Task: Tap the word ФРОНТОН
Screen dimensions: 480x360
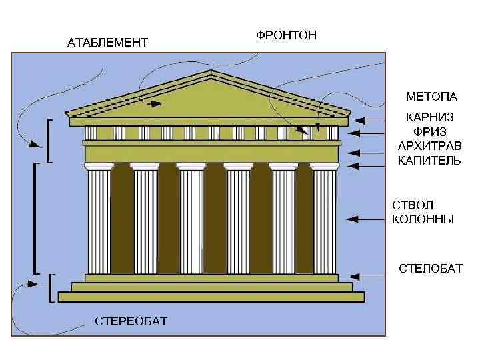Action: (x=287, y=34)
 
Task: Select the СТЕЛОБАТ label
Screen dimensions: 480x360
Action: (x=430, y=268)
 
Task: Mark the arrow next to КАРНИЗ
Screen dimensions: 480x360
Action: (x=368, y=121)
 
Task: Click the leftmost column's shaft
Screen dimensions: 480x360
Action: (x=99, y=220)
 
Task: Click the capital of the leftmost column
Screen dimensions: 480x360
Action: (x=99, y=166)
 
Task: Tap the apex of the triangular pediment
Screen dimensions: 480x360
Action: (x=211, y=71)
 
